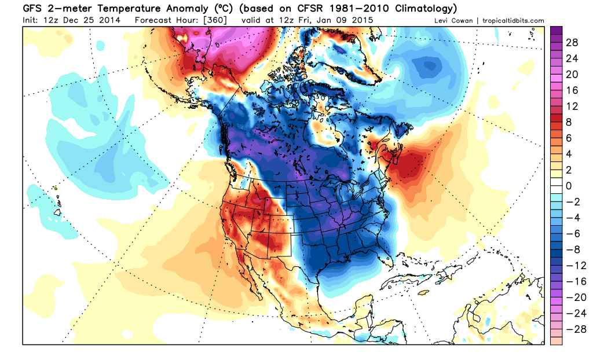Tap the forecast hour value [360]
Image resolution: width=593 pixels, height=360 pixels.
pyautogui.click(x=216, y=20)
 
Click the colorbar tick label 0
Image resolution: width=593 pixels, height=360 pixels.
pyautogui.click(x=569, y=186)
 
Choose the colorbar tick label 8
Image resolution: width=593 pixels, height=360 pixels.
pyautogui.click(x=569, y=122)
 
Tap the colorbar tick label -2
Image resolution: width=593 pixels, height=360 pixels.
pyautogui.click(x=570, y=201)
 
